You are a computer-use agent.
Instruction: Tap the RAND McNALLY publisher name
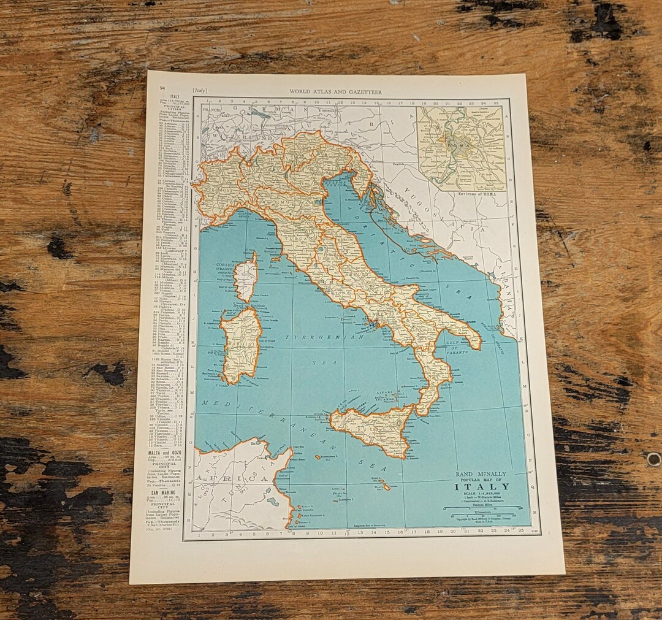pyautogui.click(x=482, y=473)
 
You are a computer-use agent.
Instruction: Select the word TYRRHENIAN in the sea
pyautogui.click(x=325, y=339)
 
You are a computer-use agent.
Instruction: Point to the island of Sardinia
pyautogui.click(x=241, y=345)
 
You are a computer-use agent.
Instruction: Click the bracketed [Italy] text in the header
pyautogui.click(x=200, y=91)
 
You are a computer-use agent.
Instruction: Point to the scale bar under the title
pyautogui.click(x=481, y=508)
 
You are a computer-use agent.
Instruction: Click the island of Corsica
pyautogui.click(x=246, y=277)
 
